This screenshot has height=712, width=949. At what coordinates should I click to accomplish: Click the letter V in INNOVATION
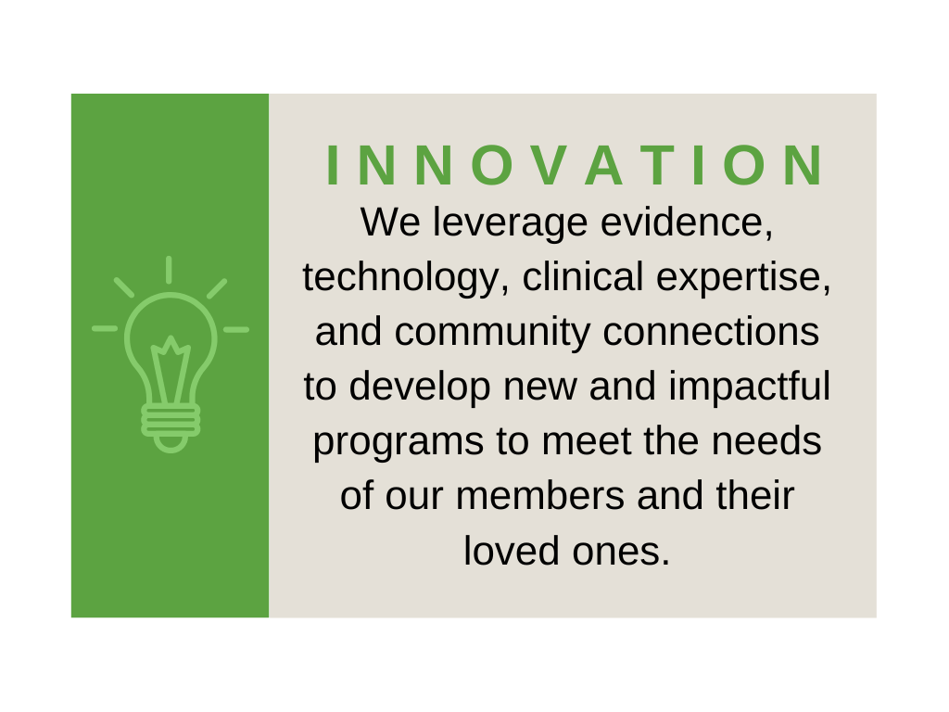[x=550, y=165]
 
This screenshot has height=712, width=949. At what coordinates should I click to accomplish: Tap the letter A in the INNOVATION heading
[x=603, y=165]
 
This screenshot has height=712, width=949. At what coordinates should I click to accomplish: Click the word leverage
[x=510, y=222]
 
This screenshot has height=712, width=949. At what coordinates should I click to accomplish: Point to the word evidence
[x=687, y=222]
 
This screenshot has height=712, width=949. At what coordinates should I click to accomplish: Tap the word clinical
[x=583, y=276]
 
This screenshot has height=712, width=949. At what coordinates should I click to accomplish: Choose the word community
[x=492, y=333]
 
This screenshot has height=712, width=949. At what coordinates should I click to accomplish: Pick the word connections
[x=711, y=332]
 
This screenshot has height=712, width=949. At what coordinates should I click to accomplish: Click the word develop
[x=420, y=388]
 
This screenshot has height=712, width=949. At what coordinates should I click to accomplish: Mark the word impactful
[x=749, y=388]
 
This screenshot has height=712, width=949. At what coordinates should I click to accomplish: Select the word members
[x=540, y=496]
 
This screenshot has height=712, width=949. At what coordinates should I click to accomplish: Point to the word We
[x=390, y=222]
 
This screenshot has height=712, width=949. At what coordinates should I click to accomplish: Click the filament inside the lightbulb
[x=171, y=369]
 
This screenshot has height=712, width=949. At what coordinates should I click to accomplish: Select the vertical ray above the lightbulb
[x=169, y=270]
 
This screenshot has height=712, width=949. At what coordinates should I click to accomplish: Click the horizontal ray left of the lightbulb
[x=105, y=329]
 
